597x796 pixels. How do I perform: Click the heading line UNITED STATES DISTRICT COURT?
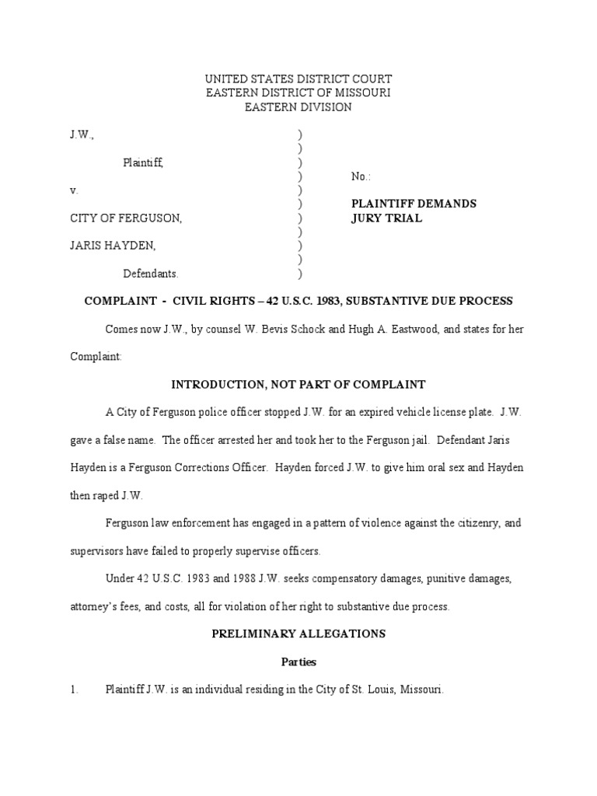pos(298,79)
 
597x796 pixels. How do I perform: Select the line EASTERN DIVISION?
pos(298,107)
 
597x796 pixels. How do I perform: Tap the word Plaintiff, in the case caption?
pos(143,162)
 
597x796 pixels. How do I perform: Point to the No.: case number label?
pos(361,176)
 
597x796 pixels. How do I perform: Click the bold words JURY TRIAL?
pos(386,218)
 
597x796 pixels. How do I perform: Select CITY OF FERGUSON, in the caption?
pos(126,218)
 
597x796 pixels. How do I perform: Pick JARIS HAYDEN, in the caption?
pos(113,246)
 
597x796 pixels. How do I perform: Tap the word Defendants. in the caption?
pos(151,274)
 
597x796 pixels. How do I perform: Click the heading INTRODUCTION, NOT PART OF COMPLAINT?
pos(298,384)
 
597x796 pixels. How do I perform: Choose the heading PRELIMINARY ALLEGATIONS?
pos(298,634)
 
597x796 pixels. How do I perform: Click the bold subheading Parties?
pos(298,662)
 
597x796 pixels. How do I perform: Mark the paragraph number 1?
pos(73,690)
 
